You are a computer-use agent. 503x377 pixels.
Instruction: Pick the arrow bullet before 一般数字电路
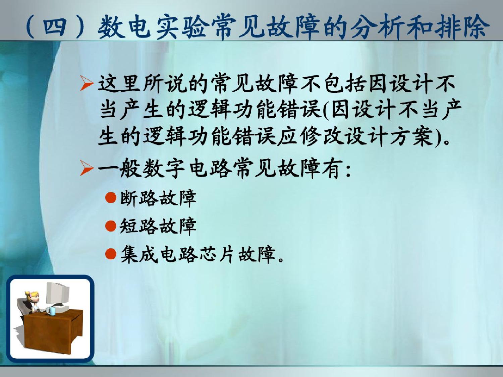point(87,168)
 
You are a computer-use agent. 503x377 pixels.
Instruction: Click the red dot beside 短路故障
point(111,226)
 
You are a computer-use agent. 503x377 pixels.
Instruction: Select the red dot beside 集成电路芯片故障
point(111,254)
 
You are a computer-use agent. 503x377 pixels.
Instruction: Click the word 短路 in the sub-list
point(138,226)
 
